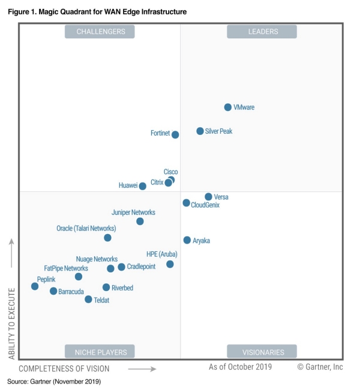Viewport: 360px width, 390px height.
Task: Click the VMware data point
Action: pyautogui.click(x=228, y=107)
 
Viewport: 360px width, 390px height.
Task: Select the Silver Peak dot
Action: pyautogui.click(x=200, y=131)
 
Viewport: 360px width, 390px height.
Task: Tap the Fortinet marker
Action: pyautogui.click(x=175, y=134)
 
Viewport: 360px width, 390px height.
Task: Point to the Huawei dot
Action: pyautogui.click(x=142, y=186)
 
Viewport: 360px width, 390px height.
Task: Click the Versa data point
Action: pyautogui.click(x=208, y=197)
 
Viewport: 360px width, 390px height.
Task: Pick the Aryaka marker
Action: pyautogui.click(x=187, y=240)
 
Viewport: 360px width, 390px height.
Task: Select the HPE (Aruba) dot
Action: pyautogui.click(x=170, y=264)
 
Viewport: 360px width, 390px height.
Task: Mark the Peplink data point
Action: pyautogui.click(x=35, y=286)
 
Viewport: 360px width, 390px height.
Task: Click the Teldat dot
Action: pyautogui.click(x=88, y=299)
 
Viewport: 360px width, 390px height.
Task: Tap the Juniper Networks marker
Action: pyautogui.click(x=140, y=221)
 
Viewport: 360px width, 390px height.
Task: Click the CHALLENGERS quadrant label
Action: pyautogui.click(x=100, y=32)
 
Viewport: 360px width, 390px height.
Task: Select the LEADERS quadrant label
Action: pyautogui.click(x=262, y=32)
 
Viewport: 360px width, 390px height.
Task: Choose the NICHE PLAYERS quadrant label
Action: pyautogui.click(x=100, y=352)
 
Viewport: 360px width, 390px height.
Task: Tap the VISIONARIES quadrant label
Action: pyautogui.click(x=262, y=352)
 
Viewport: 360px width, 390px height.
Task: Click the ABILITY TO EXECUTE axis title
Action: pyautogui.click(x=11, y=323)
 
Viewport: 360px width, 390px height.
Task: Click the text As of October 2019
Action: pyautogui.click(x=240, y=367)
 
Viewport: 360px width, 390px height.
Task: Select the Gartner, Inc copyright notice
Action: pyautogui.click(x=320, y=367)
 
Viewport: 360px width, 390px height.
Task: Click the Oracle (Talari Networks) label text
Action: pyautogui.click(x=86, y=229)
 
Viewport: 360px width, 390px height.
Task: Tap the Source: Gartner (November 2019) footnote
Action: pyautogui.click(x=54, y=381)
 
